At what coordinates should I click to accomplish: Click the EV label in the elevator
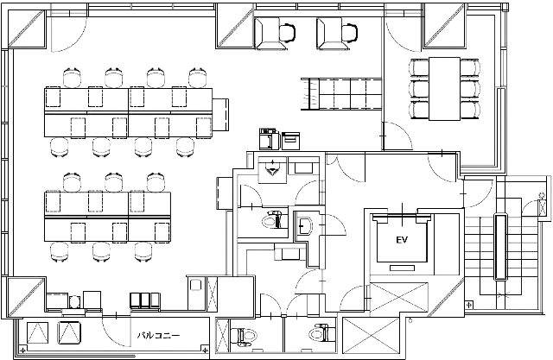click(x=402, y=240)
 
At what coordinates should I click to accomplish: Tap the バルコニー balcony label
click(x=158, y=335)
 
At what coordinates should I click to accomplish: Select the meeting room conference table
click(x=444, y=89)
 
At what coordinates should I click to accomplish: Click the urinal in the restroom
click(x=272, y=168)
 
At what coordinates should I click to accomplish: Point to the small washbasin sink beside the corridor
click(x=304, y=224)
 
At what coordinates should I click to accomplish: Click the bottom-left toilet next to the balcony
click(x=244, y=335)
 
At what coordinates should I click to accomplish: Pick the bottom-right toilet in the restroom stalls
click(x=321, y=333)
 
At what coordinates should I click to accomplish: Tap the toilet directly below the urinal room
click(x=272, y=220)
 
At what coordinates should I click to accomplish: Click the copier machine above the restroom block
click(x=270, y=139)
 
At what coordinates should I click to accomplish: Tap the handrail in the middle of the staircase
click(x=499, y=247)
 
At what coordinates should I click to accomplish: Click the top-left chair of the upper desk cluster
click(x=72, y=77)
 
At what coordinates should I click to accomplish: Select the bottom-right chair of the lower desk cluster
click(x=143, y=252)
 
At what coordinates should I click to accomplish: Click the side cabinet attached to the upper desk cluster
click(x=220, y=114)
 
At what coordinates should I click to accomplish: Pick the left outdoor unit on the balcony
click(x=37, y=332)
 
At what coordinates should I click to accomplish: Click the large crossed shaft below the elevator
click(x=398, y=297)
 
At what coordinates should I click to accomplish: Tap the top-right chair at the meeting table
click(x=470, y=67)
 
